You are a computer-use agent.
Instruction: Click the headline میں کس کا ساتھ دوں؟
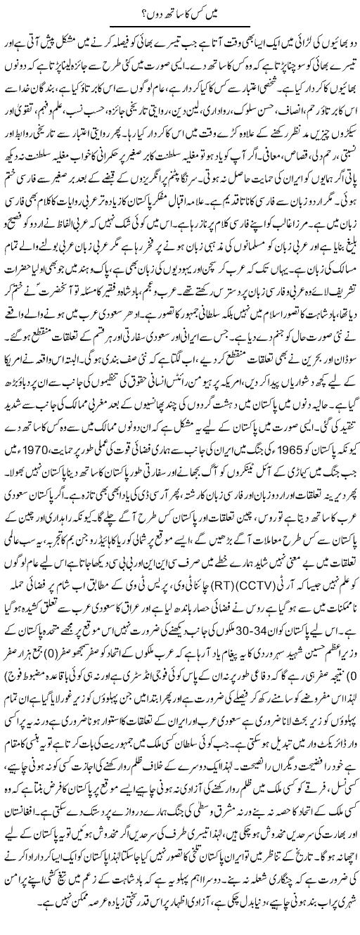coord(180,10)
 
